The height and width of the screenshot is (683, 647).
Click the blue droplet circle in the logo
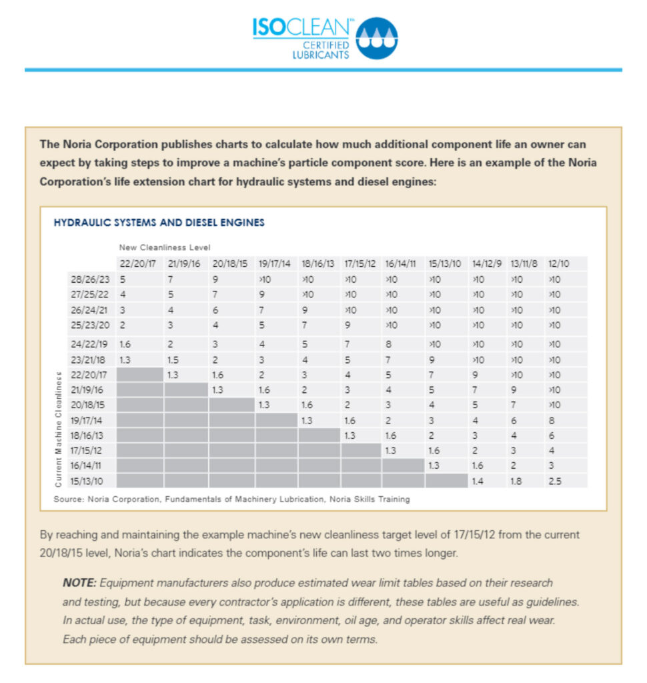pos(376,38)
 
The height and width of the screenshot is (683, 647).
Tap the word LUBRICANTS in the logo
pos(321,55)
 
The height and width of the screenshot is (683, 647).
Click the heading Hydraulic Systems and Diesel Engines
pos(159,223)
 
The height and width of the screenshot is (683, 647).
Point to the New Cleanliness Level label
pos(165,247)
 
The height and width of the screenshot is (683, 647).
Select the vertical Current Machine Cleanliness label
pos(59,430)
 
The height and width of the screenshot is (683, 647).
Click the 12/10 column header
pos(558,263)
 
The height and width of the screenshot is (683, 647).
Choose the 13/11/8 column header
pos(524,263)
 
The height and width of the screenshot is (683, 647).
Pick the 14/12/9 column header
pos(487,263)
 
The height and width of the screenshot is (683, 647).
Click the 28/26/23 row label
pos(90,279)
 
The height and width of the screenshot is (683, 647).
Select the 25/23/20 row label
pos(90,325)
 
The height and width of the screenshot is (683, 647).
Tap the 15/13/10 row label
pos(87,481)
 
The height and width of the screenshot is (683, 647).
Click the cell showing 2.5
pos(555,481)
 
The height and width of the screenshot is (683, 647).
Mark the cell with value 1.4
pos(478,481)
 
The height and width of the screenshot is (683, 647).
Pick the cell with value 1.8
pos(516,481)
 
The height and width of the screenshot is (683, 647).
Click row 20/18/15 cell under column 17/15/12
pos(348,405)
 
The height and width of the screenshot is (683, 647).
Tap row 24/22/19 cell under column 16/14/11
pos(388,344)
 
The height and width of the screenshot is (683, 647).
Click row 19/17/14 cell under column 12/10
pos(552,420)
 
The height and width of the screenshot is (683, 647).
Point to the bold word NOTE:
pos(79,583)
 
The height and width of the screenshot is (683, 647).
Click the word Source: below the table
pos(69,499)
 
